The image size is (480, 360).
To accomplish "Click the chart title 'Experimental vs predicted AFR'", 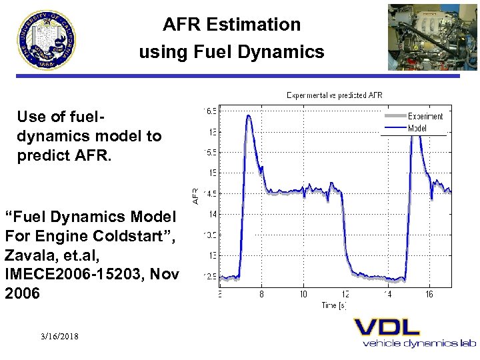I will (x=334, y=95).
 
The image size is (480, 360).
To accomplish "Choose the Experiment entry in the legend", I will (x=425, y=117).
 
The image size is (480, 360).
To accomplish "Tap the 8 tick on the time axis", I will (x=261, y=294).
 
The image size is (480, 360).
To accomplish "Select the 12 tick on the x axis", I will (x=345, y=294).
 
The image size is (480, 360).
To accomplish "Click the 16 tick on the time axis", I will (x=429, y=294).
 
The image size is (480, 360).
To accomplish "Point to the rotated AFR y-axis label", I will (x=196, y=195).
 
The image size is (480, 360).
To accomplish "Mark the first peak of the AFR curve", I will (x=248, y=116).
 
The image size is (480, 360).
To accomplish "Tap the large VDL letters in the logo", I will (x=387, y=327).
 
